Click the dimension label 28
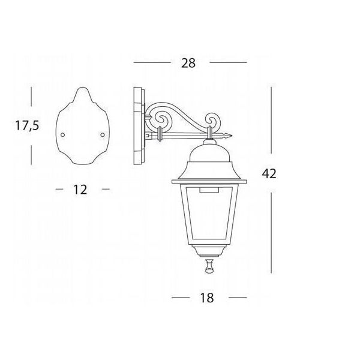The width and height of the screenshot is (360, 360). click(x=188, y=63)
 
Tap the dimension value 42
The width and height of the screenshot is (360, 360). click(x=269, y=173)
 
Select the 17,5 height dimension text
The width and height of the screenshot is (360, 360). click(x=28, y=126)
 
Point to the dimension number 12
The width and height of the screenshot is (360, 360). click(x=80, y=190)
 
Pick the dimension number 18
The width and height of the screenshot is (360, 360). click(x=207, y=298)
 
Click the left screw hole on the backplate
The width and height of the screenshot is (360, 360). click(x=62, y=135)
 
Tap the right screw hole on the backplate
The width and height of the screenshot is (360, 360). click(x=103, y=135)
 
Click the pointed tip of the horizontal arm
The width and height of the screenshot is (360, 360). click(x=232, y=136)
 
